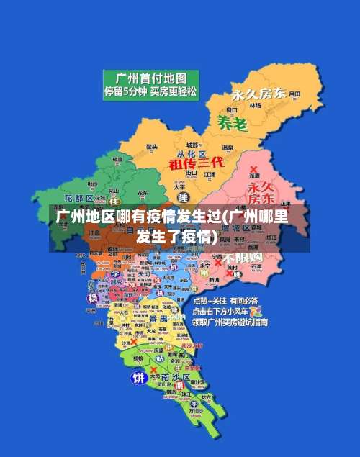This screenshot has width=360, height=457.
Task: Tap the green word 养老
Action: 232,123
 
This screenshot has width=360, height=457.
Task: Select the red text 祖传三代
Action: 197,163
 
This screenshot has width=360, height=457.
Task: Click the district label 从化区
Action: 192,154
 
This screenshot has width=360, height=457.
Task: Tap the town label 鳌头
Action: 152,147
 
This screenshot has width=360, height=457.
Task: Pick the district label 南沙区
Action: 175,377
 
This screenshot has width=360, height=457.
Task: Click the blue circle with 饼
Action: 137,377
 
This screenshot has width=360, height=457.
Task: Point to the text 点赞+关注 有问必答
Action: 228,301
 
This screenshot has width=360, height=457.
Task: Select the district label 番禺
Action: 158,318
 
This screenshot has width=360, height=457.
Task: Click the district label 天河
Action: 144,274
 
